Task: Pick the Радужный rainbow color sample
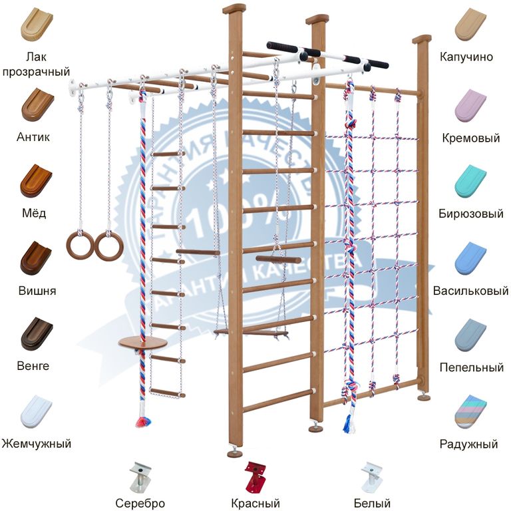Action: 470,412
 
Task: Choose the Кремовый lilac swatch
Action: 470,104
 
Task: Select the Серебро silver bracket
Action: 141,476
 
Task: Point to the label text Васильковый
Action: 470,291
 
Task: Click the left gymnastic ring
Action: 79,245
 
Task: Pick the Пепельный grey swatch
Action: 470,335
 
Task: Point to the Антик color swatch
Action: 37,104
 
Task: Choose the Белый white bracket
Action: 371,476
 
